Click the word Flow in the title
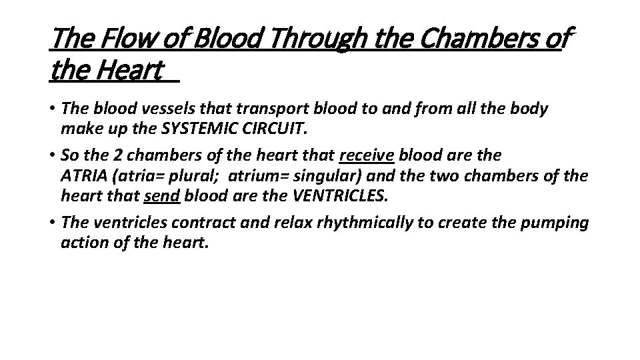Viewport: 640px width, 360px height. pyautogui.click(x=119, y=40)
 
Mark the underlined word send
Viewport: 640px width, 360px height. pyautogui.click(x=162, y=196)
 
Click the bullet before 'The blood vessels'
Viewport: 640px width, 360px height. pyautogui.click(x=53, y=109)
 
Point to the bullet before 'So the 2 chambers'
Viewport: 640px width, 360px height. pyautogui.click(x=53, y=155)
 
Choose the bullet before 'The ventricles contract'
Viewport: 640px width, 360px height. pyautogui.click(x=53, y=223)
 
